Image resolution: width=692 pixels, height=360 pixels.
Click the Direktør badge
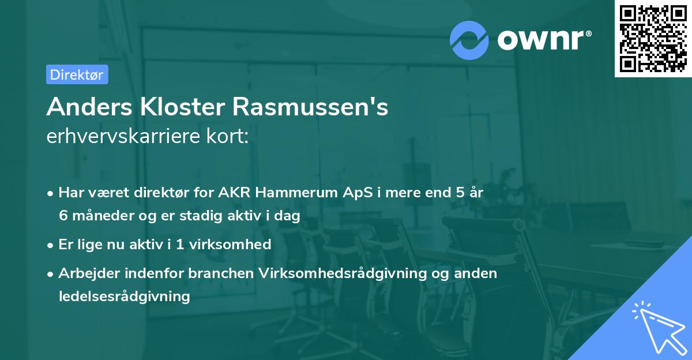[77, 74]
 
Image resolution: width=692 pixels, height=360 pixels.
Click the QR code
[652, 39]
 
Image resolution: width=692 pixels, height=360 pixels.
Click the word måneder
[100, 216]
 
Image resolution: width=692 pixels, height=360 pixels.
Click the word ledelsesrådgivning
[124, 296]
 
